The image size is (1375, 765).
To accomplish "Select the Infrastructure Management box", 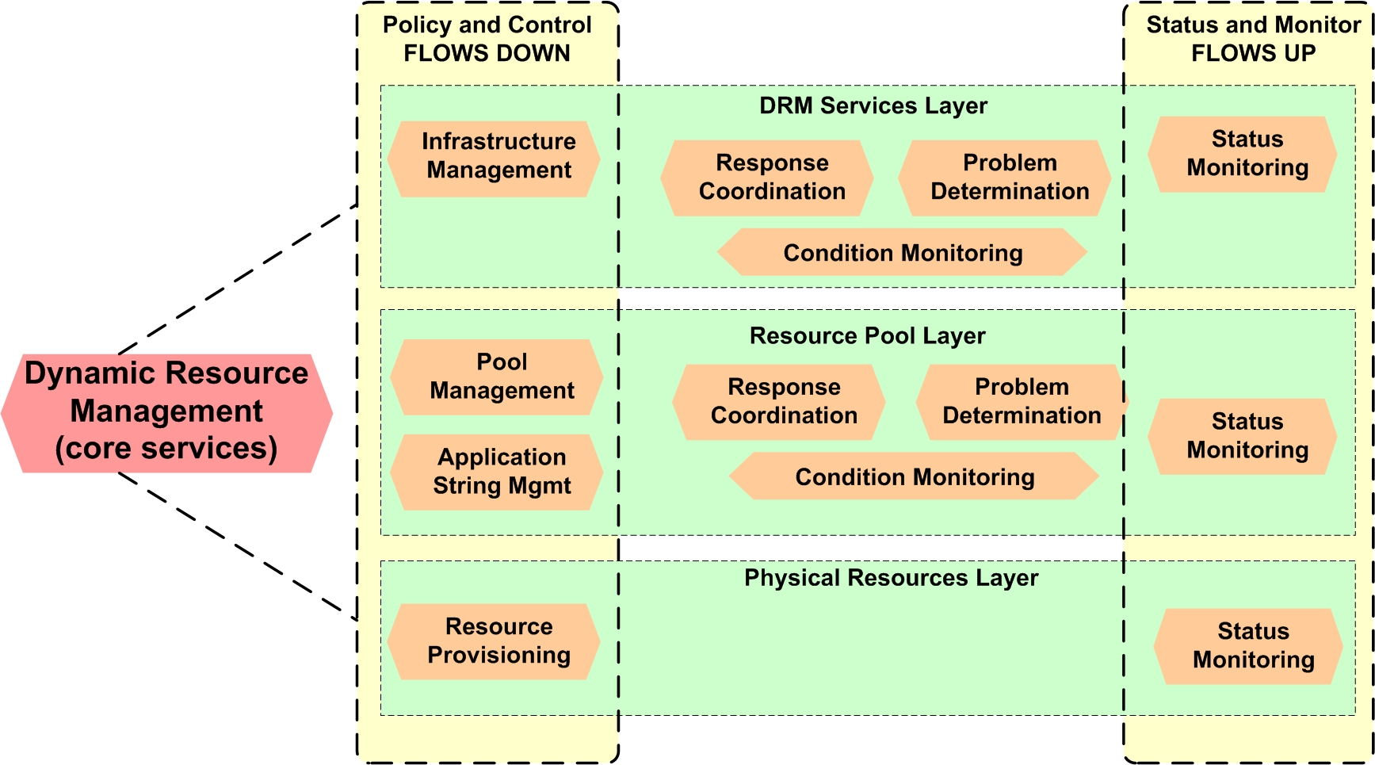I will click(495, 159).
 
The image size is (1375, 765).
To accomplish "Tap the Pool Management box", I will click(498, 377).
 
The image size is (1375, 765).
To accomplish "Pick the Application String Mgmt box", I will click(498, 472).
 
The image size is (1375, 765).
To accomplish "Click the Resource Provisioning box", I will click(495, 641).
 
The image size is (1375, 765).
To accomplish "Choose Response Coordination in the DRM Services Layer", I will click(768, 178).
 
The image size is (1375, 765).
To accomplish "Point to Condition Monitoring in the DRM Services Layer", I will click(902, 253).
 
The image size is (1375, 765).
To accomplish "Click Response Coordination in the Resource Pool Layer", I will click(780, 402).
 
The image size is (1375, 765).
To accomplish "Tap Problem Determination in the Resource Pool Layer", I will click(1021, 402).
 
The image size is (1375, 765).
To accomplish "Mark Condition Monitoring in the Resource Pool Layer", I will click(914, 476).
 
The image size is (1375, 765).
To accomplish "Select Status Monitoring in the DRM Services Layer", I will click(1243, 154).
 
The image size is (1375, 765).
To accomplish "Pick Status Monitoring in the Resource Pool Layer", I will click(1243, 436).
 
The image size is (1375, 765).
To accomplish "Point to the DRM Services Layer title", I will click(873, 105).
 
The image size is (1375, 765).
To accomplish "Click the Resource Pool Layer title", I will click(867, 335).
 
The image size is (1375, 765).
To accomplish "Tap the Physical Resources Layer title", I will click(891, 578).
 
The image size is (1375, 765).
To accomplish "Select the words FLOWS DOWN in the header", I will click(487, 53).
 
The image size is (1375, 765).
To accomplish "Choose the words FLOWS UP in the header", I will click(1253, 53).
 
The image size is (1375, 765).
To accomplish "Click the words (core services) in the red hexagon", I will click(166, 448).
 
